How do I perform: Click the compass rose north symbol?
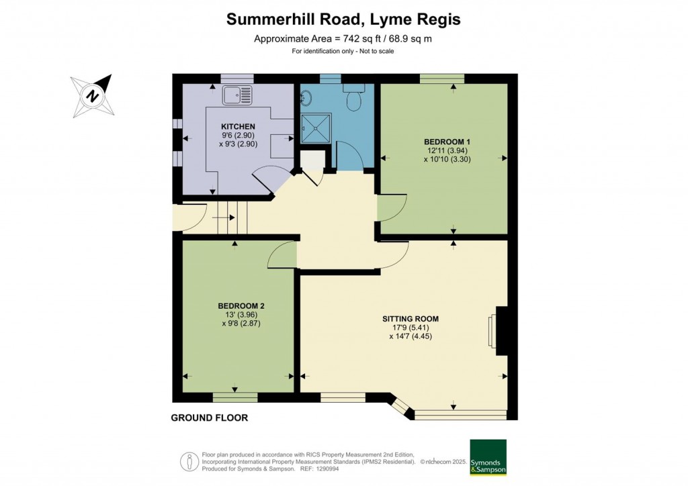pos(93,95)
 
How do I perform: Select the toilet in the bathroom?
pos(353,99)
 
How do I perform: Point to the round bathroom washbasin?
pos(306,98)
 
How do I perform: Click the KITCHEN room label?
pos(239,126)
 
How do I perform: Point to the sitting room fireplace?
pos(500,330)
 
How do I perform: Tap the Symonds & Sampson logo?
pos(488,458)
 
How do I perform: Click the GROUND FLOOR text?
pos(209,418)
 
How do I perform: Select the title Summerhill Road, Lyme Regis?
pos(343,19)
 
